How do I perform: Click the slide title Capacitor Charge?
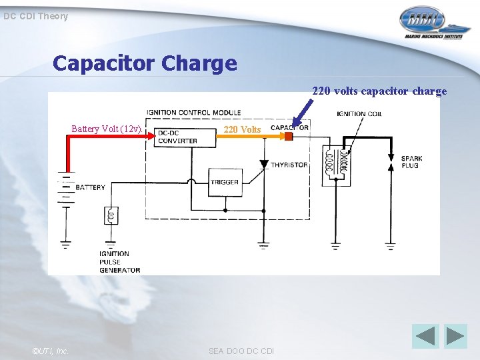coord(145,63)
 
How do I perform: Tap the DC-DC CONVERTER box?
coord(177,137)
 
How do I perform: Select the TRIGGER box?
coord(225,182)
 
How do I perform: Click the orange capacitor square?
coord(289,137)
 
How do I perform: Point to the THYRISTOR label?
coord(289,165)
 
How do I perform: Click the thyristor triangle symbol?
coord(264,164)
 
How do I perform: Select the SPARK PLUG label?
coord(411,161)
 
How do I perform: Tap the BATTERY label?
coord(90,187)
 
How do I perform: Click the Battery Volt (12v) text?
coord(106,129)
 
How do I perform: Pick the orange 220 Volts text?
coord(242,129)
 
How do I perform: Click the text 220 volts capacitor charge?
coord(379,91)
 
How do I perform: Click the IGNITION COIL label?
coord(360,114)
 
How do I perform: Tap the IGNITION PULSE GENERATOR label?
coord(119,262)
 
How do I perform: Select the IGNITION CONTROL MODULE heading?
coord(193,112)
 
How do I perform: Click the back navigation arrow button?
coord(425,335)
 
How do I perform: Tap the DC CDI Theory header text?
coord(35,16)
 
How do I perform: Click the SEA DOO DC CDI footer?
coord(241,351)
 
